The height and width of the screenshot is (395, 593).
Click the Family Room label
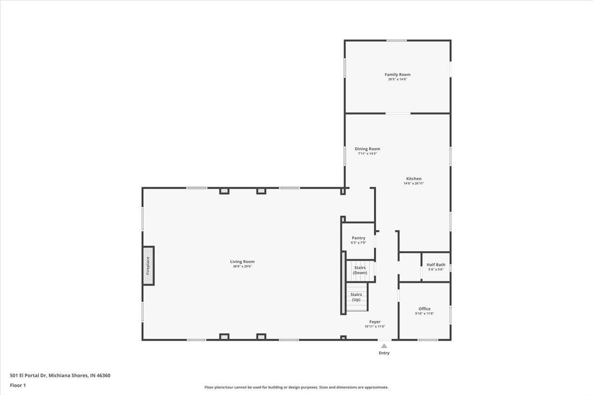[x=397, y=75]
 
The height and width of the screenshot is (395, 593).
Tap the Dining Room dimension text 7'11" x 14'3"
[x=367, y=154]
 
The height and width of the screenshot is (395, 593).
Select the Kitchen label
[x=414, y=179]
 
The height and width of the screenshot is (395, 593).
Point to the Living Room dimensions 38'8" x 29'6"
[x=242, y=267]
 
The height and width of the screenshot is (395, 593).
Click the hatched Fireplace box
[x=148, y=266]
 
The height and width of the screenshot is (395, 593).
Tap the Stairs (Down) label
[x=360, y=270]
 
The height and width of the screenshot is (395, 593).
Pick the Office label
[x=424, y=309]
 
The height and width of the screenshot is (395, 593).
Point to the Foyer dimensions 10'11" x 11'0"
[x=375, y=326]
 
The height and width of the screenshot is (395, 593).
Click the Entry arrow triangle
[x=384, y=346]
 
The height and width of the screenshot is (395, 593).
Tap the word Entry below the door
[x=384, y=353]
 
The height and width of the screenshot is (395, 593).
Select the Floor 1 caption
[x=17, y=385]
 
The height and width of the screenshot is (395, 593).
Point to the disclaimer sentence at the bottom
[x=296, y=387]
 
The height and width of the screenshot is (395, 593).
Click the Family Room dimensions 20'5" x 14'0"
[x=397, y=79]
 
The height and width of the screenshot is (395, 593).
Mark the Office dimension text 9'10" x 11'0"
[x=424, y=314]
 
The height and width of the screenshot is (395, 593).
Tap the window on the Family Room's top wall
[x=397, y=40]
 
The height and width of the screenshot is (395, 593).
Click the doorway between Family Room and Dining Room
[x=398, y=114]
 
